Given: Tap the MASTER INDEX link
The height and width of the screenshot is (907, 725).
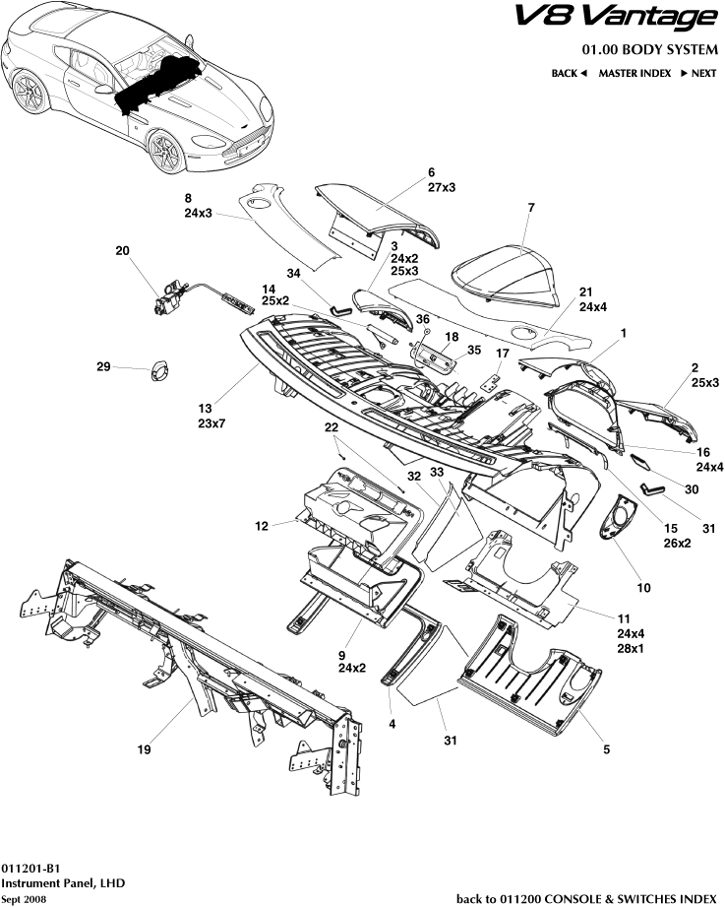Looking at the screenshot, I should pyautogui.click(x=634, y=74).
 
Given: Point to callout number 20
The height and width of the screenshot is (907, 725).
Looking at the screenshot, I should pyautogui.click(x=122, y=251).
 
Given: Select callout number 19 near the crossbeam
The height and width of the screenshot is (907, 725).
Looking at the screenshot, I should pyautogui.click(x=144, y=750).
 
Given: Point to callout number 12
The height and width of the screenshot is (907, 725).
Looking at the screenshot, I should pyautogui.click(x=262, y=527).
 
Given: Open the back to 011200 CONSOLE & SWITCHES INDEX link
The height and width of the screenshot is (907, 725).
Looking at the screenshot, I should pyautogui.click(x=586, y=897).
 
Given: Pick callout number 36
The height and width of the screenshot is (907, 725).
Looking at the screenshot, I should pyautogui.click(x=422, y=319).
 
